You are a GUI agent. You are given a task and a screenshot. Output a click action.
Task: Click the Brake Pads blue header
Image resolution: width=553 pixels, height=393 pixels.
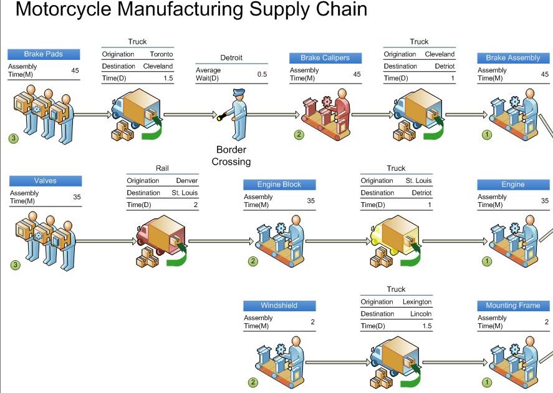[44, 54]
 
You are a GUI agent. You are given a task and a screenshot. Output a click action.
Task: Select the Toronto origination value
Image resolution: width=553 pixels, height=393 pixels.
[161, 54]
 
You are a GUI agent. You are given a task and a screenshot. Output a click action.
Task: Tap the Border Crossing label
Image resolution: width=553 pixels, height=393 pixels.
[231, 156]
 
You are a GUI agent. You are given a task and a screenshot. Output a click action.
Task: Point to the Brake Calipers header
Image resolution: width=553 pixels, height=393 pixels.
[325, 58]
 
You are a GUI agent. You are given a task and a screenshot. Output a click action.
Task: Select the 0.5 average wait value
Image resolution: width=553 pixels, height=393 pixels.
[262, 74]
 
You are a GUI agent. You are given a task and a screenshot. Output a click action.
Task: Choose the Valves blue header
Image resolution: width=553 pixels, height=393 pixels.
[45, 181]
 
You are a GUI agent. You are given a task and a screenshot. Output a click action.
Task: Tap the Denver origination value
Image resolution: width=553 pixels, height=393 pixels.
[186, 181]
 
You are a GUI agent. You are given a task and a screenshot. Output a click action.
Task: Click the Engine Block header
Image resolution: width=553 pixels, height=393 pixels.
[279, 185]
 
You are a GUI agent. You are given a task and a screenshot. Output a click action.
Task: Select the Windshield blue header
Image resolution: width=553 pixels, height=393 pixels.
[279, 306]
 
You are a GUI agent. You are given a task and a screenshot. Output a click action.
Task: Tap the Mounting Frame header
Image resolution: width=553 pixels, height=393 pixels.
[513, 306]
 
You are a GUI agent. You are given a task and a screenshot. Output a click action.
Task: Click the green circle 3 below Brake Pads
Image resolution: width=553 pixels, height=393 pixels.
[14, 138]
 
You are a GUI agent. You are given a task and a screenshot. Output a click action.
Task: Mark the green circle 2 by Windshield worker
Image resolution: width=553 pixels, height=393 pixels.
[252, 382]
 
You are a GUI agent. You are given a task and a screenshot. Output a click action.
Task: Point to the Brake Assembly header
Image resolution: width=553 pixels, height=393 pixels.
[513, 58]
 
